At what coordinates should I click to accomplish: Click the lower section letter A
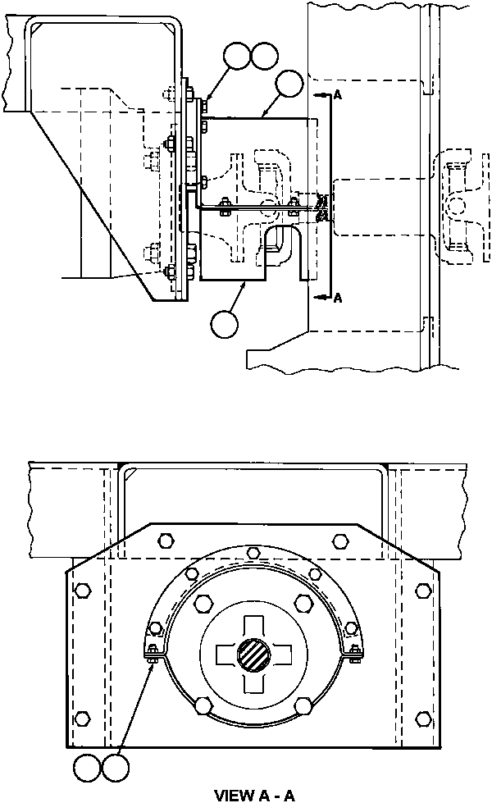click(337, 299)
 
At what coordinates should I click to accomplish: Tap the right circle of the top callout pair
click(265, 57)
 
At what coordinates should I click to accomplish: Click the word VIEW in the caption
click(232, 795)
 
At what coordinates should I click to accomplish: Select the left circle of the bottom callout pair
click(87, 769)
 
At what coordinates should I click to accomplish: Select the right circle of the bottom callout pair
click(114, 769)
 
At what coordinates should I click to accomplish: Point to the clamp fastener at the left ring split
click(153, 653)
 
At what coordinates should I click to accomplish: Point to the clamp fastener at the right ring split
click(353, 653)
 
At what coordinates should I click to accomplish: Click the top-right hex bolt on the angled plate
click(340, 540)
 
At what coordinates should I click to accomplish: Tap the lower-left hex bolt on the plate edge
click(80, 719)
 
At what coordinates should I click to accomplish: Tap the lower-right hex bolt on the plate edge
click(423, 719)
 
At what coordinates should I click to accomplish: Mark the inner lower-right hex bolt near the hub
click(303, 705)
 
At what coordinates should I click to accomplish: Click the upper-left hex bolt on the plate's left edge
click(80, 590)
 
